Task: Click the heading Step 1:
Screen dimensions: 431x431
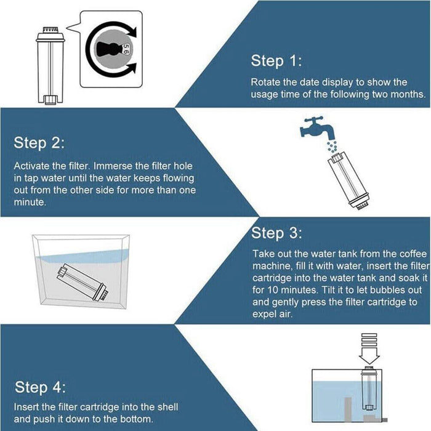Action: [276, 61]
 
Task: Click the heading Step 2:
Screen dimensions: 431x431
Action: [39, 143]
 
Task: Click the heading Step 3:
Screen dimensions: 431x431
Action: [276, 233]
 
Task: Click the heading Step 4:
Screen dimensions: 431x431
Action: [40, 387]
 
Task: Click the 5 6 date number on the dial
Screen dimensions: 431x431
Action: [126, 49]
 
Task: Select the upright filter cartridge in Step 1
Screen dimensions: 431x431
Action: [50, 66]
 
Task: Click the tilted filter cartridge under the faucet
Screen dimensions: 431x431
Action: [348, 181]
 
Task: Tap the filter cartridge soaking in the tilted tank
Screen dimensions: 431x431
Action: [83, 282]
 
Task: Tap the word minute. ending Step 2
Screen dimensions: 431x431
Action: [30, 203]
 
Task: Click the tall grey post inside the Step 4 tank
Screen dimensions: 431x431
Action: [348, 409]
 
